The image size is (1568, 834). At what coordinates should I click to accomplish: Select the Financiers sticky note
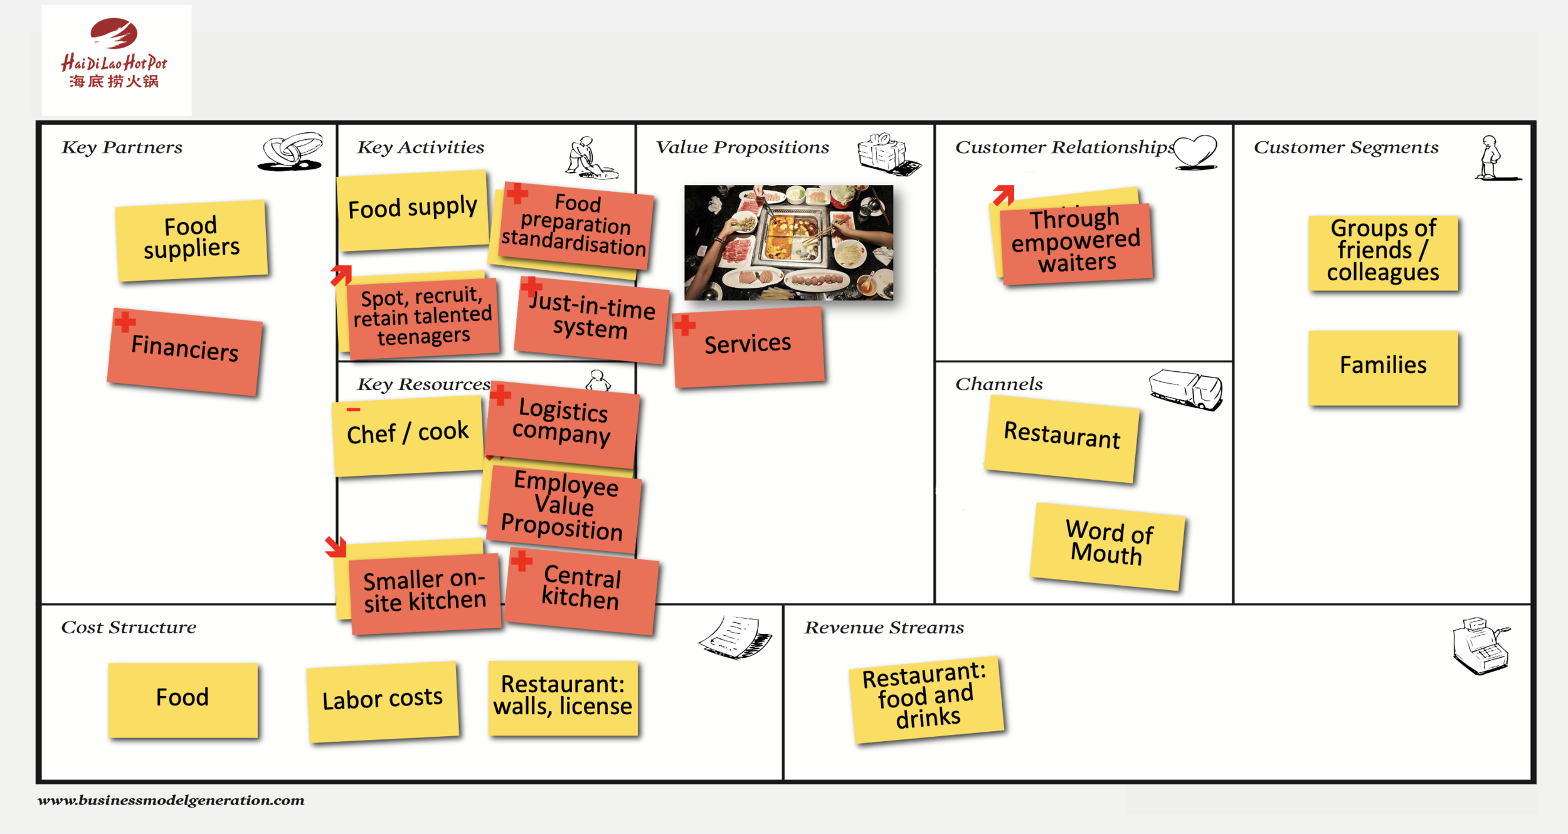tap(184, 352)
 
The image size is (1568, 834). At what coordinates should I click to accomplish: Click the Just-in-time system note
tap(591, 320)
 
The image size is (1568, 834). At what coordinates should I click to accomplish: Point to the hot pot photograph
tap(788, 242)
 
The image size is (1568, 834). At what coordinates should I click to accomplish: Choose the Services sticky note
tap(748, 346)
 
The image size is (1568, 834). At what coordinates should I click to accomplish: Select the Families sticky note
tap(1383, 366)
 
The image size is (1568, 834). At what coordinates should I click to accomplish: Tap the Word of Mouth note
tap(1108, 544)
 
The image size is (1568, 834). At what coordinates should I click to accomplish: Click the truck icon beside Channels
tap(1185, 389)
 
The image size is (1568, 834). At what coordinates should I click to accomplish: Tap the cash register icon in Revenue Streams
tap(1480, 645)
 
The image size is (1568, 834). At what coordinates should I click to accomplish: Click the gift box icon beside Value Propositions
tap(886, 153)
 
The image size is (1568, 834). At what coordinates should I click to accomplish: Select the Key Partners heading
tap(122, 147)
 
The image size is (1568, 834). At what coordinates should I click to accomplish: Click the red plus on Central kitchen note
tap(521, 560)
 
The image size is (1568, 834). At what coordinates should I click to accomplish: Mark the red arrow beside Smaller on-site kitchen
tap(336, 546)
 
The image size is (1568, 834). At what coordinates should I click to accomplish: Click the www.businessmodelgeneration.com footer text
tap(171, 800)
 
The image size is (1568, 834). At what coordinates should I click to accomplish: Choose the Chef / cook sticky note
tap(408, 434)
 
